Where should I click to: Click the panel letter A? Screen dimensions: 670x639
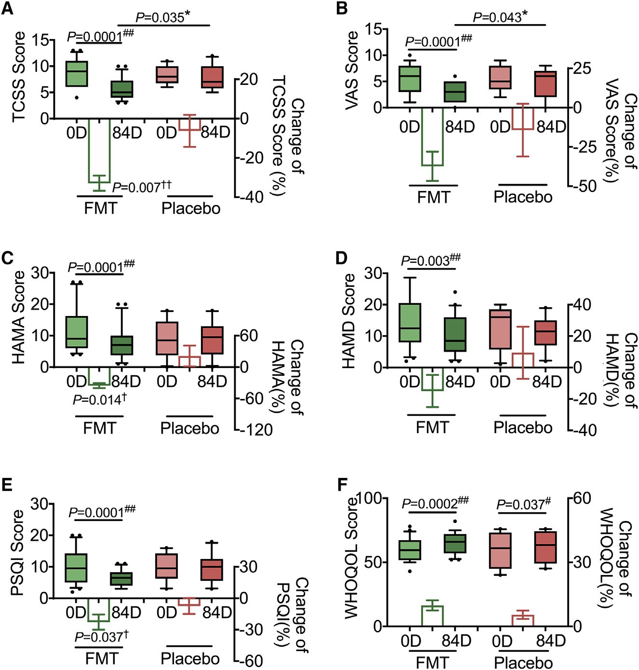pyautogui.click(x=7, y=8)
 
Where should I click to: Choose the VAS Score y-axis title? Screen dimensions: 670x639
pyautogui.click(x=352, y=70)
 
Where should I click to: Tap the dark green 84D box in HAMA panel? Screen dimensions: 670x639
pyautogui.click(x=122, y=345)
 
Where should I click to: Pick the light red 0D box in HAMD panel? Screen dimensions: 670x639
pyautogui.click(x=500, y=329)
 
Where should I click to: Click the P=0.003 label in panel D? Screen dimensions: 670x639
pyautogui.click(x=430, y=260)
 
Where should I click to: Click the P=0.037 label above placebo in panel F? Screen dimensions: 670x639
pyautogui.click(x=523, y=504)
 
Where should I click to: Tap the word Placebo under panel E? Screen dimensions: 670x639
pyautogui.click(x=190, y=658)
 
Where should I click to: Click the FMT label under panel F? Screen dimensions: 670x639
pyautogui.click(x=432, y=662)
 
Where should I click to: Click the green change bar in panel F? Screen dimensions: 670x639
pyautogui.click(x=432, y=615)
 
